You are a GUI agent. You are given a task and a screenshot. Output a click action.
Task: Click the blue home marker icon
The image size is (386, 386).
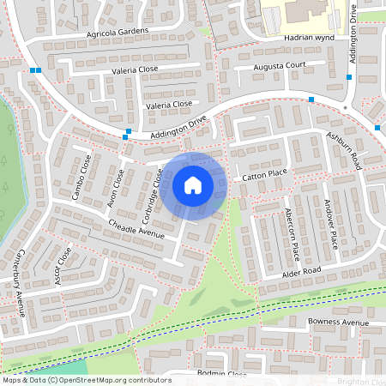(193, 185)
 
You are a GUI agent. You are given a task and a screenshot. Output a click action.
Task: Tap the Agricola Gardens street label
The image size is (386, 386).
(118, 32)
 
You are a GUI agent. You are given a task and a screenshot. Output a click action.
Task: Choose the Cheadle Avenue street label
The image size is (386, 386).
(136, 227)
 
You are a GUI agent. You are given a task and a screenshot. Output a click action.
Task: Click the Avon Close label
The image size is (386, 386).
(114, 189)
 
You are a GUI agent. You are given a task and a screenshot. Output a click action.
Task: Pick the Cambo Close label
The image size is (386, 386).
(82, 177)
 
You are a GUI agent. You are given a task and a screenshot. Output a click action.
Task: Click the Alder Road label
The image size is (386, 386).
(301, 272)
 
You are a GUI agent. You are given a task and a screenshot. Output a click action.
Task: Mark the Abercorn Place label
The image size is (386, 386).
(293, 234)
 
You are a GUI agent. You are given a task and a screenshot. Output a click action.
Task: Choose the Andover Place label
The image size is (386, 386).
(331, 224)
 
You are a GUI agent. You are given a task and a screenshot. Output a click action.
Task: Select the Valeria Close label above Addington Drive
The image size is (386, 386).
(169, 104)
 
